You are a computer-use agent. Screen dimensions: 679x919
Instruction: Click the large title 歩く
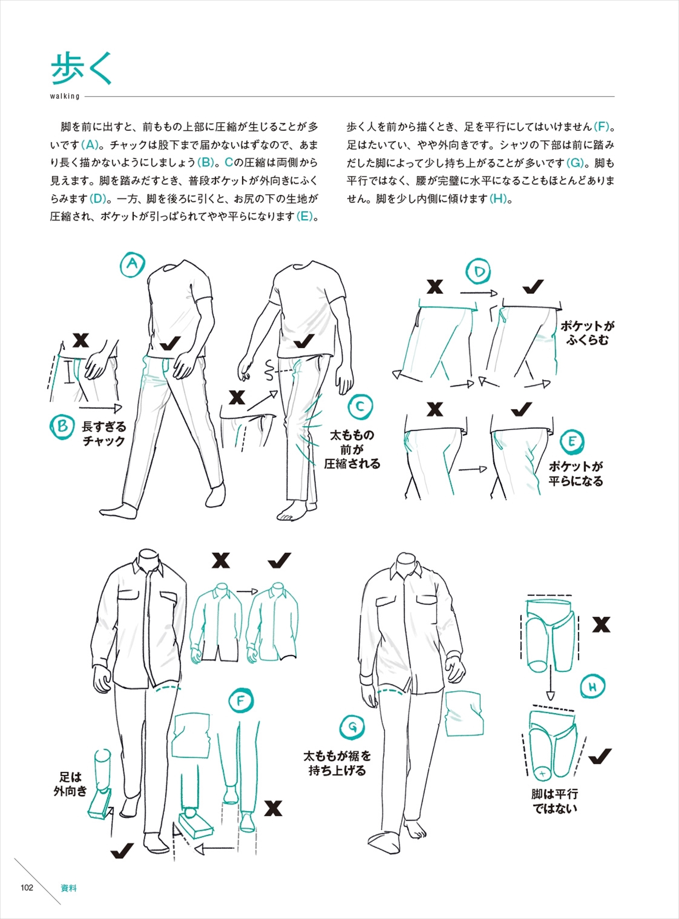pos(81,68)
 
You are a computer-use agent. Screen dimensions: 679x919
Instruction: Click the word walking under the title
pos(65,96)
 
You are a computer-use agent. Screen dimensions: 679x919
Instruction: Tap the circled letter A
pos(132,264)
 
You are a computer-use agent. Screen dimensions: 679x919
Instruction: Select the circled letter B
pos(62,427)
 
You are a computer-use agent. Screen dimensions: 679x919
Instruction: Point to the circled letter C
pos(360,407)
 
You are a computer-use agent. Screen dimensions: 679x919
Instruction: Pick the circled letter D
pos(478,272)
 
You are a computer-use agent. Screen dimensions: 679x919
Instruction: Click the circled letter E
pos(572,442)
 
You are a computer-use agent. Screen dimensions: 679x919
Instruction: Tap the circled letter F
pos(241,701)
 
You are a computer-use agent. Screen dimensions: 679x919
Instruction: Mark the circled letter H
pos(593,687)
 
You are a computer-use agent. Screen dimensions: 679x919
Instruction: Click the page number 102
pos(27,888)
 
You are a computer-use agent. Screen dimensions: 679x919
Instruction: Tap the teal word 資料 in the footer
pos(68,888)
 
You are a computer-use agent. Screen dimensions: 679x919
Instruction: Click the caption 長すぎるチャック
pos(104,433)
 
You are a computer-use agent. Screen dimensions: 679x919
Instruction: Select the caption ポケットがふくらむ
pos(588,333)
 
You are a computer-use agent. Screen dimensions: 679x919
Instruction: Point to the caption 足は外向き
pos(70,784)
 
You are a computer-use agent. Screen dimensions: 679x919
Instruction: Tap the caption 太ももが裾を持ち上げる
pos(337,763)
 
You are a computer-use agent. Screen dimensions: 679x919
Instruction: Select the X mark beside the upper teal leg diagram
pos(601,625)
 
